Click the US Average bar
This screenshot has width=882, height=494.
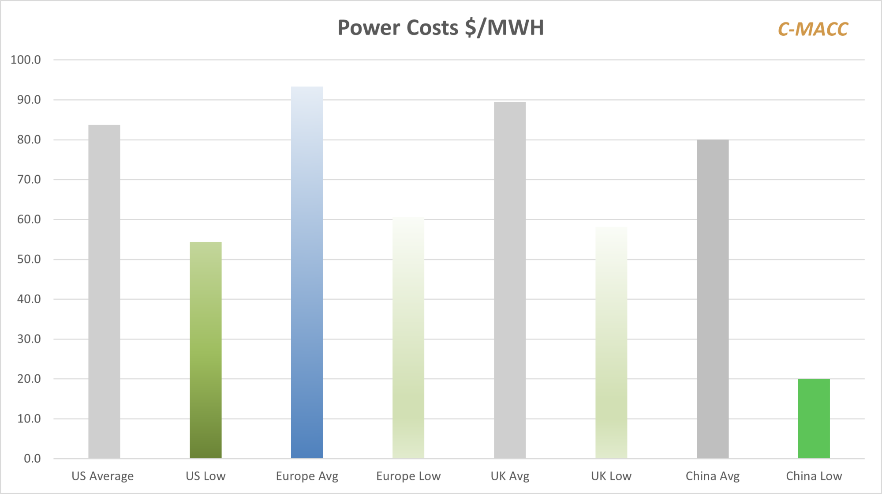point(104,291)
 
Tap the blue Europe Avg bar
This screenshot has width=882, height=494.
point(307,272)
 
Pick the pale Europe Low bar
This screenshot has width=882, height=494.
point(408,338)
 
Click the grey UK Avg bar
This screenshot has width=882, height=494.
point(510,280)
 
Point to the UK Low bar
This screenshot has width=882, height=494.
point(611,343)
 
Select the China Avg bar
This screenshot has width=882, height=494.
point(713,299)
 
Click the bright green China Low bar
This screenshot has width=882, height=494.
point(814,419)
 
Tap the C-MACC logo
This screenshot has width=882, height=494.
point(812,30)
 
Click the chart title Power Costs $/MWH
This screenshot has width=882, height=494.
point(441,28)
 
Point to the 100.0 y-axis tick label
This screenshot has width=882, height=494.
point(26,60)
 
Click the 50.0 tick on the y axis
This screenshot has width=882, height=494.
point(29,259)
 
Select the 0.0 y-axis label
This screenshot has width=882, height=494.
point(32,459)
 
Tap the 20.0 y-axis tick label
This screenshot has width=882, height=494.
point(29,379)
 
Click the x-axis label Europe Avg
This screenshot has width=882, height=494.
point(307,476)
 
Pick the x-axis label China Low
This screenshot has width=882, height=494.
point(814,476)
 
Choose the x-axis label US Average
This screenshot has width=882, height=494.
point(103,476)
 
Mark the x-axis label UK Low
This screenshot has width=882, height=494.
point(611,476)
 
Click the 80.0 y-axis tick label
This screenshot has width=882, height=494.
point(29,140)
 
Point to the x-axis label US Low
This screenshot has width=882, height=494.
point(206,476)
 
